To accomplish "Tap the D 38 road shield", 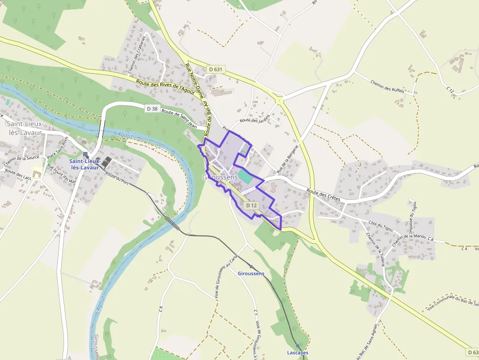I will point(152,108).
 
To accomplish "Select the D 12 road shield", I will point(251,206).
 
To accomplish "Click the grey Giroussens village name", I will point(220,177).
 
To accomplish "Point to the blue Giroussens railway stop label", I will point(251,274).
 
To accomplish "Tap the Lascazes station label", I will point(298,353).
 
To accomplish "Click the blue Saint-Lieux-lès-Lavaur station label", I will point(85,164).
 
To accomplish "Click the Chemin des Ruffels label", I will point(388,86).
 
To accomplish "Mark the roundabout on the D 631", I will point(279,101).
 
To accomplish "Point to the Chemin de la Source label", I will point(21,158).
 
